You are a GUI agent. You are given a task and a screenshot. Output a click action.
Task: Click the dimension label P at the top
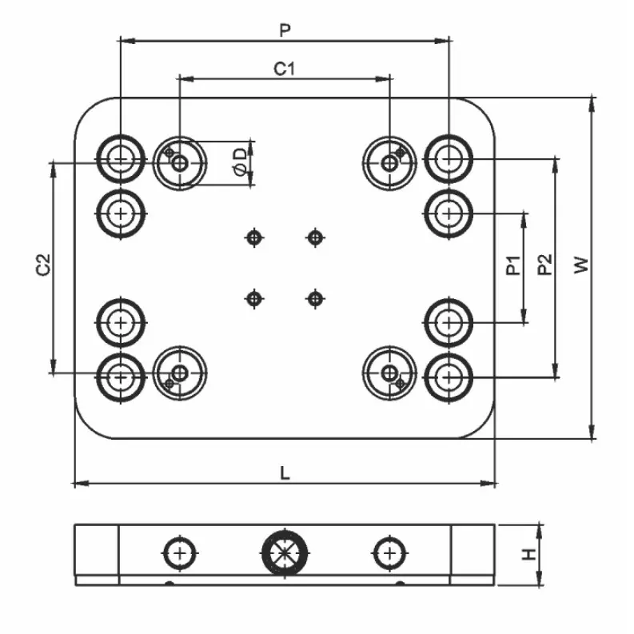click(x=284, y=30)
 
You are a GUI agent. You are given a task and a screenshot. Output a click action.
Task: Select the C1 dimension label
click(x=285, y=69)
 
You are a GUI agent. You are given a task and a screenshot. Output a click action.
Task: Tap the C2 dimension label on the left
click(x=44, y=266)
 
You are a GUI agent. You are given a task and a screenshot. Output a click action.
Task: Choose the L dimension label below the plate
click(x=285, y=473)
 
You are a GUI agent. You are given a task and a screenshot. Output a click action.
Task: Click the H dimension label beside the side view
click(x=528, y=554)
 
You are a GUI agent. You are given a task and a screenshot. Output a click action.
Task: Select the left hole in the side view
click(x=181, y=552)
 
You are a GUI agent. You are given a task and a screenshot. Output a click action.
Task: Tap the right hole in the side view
click(x=389, y=552)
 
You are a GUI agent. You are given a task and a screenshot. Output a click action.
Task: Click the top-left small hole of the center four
click(x=254, y=237)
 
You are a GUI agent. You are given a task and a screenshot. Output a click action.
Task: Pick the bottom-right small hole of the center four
click(x=316, y=299)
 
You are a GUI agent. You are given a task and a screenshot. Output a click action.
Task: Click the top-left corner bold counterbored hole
click(x=121, y=159)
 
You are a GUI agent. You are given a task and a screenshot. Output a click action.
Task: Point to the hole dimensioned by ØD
click(x=180, y=163)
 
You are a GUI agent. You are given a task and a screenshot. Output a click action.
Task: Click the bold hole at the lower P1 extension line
click(x=449, y=323)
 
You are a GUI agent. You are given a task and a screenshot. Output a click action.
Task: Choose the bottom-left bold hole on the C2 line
click(x=121, y=373)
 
